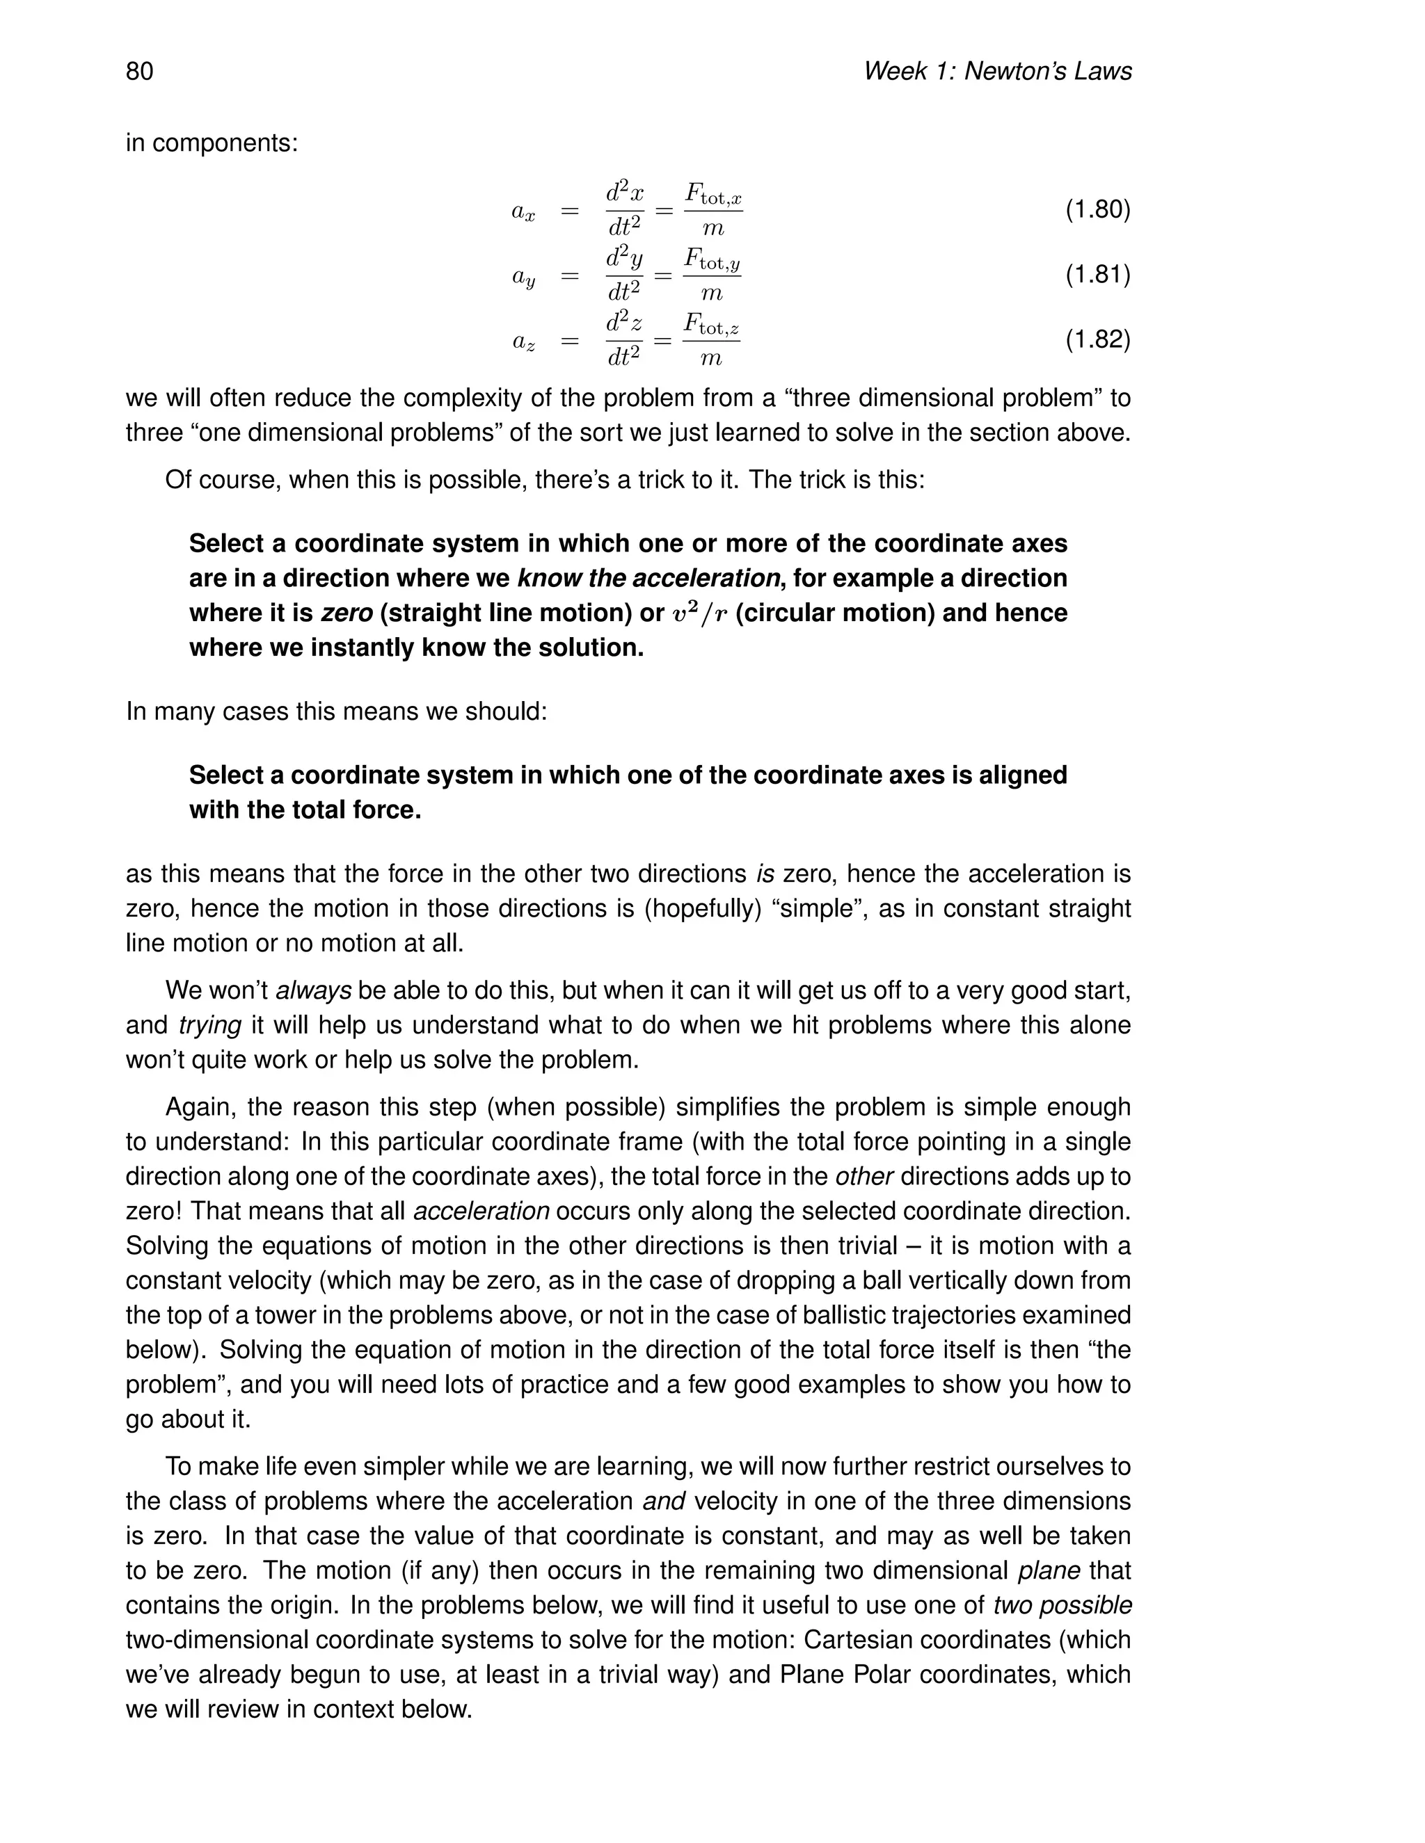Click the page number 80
coord(139,71)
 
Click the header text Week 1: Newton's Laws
coord(996,71)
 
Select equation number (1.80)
coord(1097,209)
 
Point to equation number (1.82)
coord(1097,339)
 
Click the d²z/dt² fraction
coord(624,339)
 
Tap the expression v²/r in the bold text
coord(700,613)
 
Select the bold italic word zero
coord(346,613)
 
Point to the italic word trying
coord(209,1024)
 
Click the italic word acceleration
coord(481,1211)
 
